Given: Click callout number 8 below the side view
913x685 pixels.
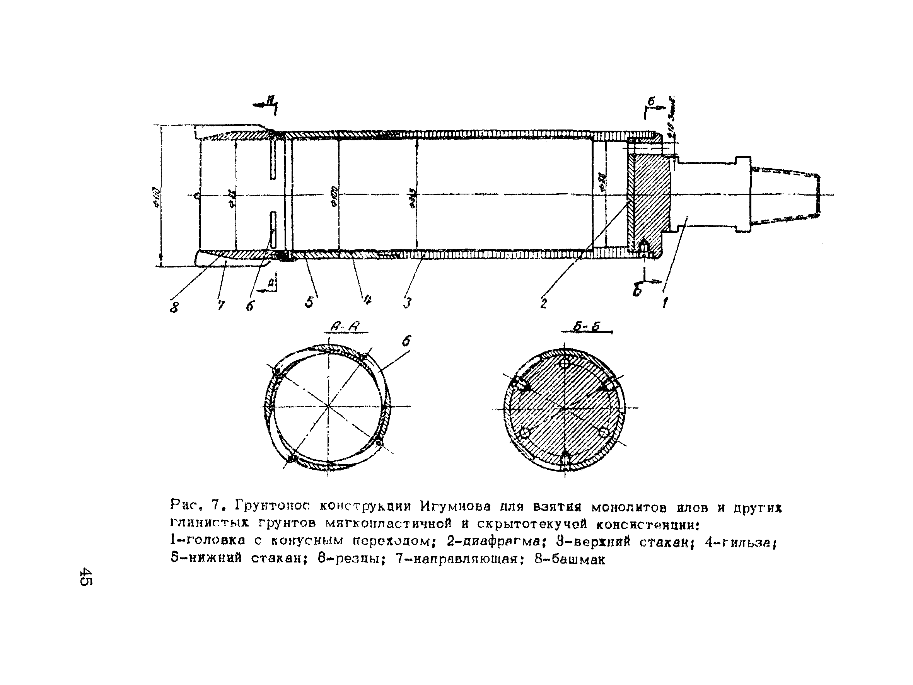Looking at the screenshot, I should point(174,307).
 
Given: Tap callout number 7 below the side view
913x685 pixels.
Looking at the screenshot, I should point(221,305).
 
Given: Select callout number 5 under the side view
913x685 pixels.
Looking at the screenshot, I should point(309,302).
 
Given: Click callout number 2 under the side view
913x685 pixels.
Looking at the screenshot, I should point(544,304).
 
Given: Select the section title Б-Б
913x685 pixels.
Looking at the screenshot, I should point(587,328).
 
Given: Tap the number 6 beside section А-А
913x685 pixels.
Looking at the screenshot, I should point(406,341).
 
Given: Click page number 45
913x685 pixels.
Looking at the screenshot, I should point(86,576).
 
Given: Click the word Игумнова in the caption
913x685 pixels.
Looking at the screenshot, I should point(456,506).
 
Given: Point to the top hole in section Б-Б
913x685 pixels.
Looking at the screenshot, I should point(565,363).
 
